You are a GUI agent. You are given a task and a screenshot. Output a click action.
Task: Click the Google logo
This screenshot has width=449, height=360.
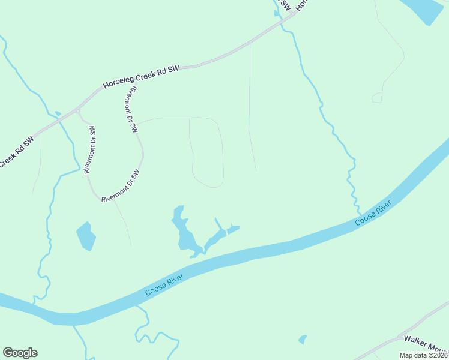coord(20,353)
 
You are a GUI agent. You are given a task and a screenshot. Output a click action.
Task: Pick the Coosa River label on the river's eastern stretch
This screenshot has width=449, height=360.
coord(373,214)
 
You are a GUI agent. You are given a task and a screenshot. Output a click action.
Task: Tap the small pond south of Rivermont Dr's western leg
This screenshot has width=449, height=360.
coord(86,236)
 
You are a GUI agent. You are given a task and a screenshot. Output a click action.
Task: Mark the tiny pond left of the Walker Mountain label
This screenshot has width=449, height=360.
coord(303,340)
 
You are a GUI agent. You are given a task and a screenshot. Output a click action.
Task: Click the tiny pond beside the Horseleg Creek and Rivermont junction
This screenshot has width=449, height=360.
coord(58,113)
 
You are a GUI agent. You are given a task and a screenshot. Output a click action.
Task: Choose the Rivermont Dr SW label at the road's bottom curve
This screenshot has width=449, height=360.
coord(120,186)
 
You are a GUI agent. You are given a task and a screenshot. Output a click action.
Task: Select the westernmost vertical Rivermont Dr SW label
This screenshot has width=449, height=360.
coord(89,150)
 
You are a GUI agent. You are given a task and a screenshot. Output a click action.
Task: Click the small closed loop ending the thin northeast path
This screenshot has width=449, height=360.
coord(377,97)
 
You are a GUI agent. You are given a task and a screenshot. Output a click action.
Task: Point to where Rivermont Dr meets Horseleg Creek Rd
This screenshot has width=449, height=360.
coord(77,111)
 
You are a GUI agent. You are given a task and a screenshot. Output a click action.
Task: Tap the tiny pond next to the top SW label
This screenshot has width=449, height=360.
coord(276,13)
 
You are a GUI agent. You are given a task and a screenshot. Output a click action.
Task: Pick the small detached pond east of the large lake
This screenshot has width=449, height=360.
coord(234,229)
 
